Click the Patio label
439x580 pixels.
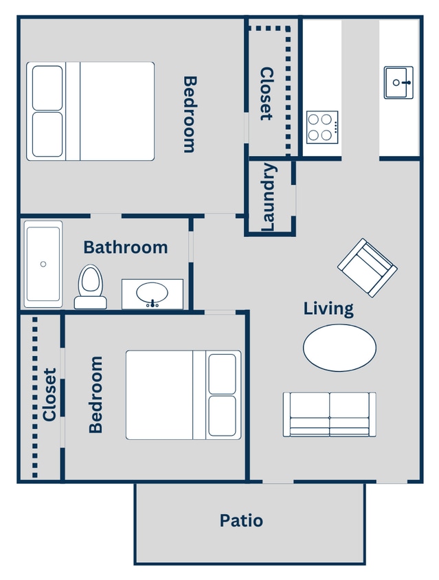click(x=241, y=520)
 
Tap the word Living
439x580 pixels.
click(x=328, y=309)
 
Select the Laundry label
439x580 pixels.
click(x=269, y=197)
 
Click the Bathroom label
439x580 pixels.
click(x=125, y=247)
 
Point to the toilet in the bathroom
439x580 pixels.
click(x=90, y=287)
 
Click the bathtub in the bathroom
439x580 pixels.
click(x=43, y=264)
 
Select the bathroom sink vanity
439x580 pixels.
click(x=153, y=294)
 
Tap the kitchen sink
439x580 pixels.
click(x=398, y=82)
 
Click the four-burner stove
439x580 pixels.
click(x=322, y=126)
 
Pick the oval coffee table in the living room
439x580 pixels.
click(x=339, y=348)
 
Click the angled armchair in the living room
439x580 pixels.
click(x=367, y=267)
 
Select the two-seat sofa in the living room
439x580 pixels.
click(x=330, y=414)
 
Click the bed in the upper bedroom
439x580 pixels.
click(x=91, y=111)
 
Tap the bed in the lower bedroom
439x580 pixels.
click(x=183, y=394)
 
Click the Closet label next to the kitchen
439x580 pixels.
click(x=267, y=93)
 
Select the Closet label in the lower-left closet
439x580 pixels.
click(x=49, y=394)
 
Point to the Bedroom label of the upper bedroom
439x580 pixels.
click(x=190, y=113)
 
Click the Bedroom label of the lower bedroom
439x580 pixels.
click(x=95, y=394)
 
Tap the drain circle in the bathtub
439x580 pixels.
click(x=43, y=264)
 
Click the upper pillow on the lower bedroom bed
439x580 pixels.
click(x=222, y=373)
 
